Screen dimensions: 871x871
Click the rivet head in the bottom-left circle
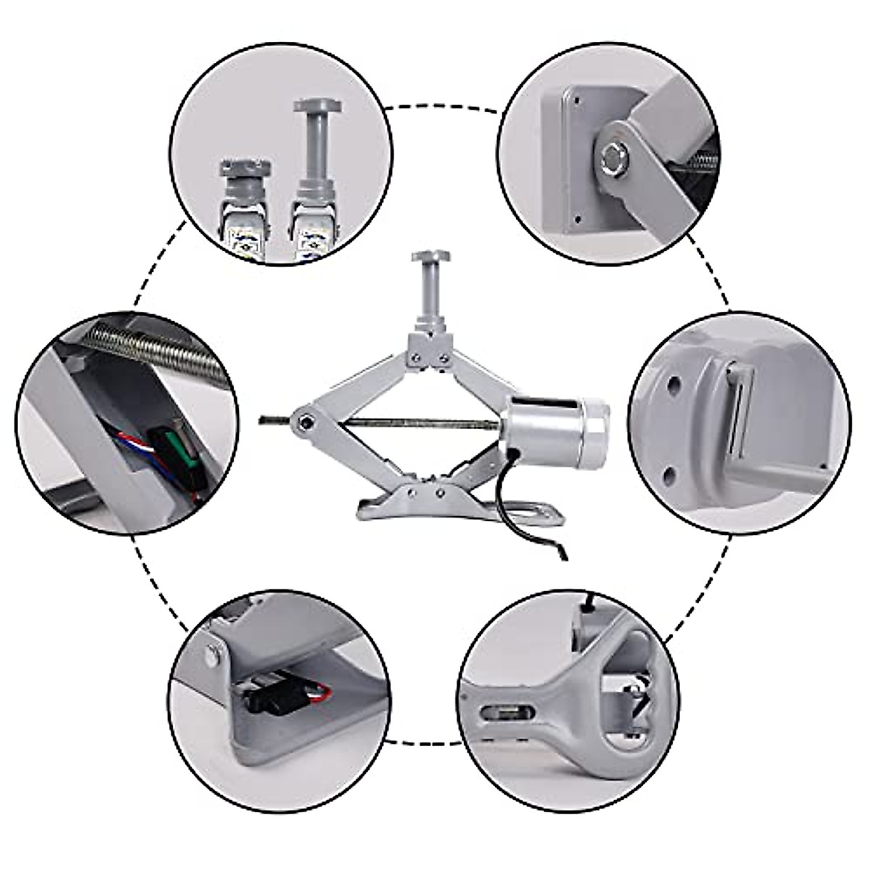(x=211, y=655)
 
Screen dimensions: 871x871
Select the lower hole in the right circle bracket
(x=668, y=475)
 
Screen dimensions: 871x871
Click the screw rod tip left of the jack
(x=266, y=419)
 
